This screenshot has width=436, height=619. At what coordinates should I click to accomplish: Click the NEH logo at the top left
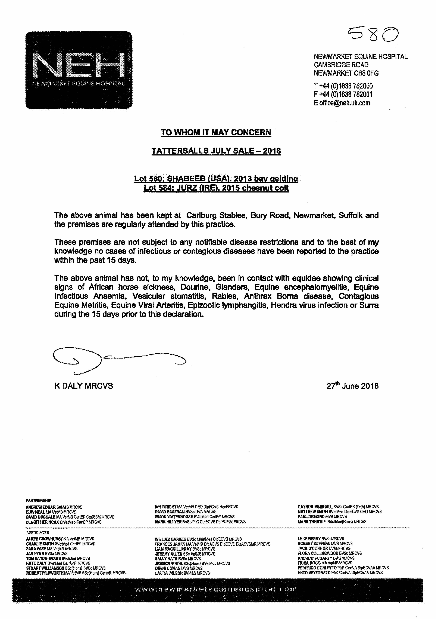coord(79,70)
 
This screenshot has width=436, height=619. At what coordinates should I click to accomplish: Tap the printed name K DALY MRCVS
coord(84,386)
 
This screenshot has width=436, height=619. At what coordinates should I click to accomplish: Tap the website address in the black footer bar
coord(216,589)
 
